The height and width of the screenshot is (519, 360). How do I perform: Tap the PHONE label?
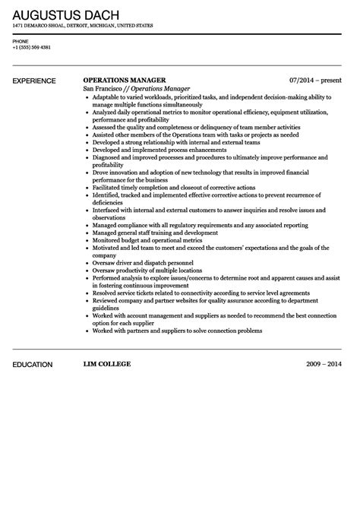point(21,41)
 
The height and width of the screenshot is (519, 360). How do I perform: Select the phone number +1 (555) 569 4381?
point(32,47)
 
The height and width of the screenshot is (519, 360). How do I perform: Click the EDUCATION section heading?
point(33,364)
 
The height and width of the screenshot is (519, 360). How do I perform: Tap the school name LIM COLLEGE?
point(106,364)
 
